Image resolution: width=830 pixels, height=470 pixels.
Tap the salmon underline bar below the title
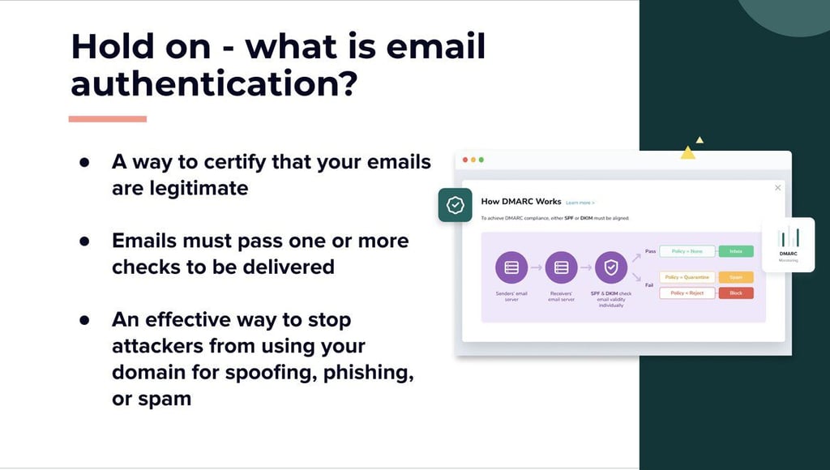pyautogui.click(x=107, y=119)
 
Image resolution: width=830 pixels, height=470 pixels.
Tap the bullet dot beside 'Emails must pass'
pyautogui.click(x=84, y=241)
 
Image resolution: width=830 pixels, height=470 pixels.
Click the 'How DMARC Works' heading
pyautogui.click(x=521, y=201)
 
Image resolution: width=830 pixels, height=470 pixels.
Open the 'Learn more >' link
pyautogui.click(x=580, y=203)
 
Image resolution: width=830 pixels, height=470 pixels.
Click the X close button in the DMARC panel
pyautogui.click(x=778, y=188)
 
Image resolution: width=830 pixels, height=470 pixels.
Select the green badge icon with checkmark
pyautogui.click(x=456, y=206)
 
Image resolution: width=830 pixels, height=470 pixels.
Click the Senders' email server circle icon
pyautogui.click(x=511, y=267)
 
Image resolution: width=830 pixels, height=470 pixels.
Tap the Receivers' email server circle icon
pyautogui.click(x=561, y=267)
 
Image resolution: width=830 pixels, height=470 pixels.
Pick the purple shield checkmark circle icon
pyautogui.click(x=611, y=267)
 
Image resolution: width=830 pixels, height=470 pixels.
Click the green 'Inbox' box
pyautogui.click(x=736, y=251)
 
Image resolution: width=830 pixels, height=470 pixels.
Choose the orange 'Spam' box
pyautogui.click(x=736, y=277)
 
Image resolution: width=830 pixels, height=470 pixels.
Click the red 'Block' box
pyautogui.click(x=736, y=293)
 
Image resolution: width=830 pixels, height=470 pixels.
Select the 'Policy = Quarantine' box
pyautogui.click(x=687, y=277)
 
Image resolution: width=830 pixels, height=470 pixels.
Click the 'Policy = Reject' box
pyautogui.click(x=687, y=293)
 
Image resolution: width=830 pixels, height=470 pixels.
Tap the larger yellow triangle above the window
pyautogui.click(x=687, y=152)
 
